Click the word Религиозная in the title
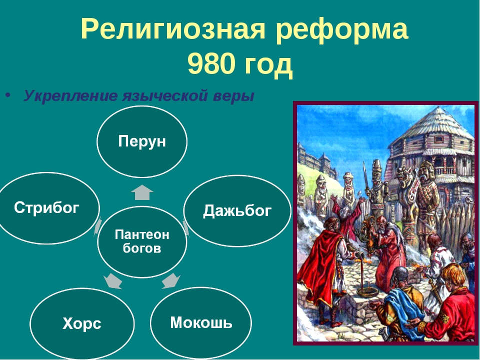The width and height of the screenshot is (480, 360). pyautogui.click(x=173, y=29)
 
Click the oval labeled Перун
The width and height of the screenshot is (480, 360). pyautogui.click(x=141, y=141)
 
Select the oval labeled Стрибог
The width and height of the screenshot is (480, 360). pyautogui.click(x=47, y=208)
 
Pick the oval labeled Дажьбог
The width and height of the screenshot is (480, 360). pyautogui.click(x=237, y=211)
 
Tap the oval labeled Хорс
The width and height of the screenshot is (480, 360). pyautogui.click(x=82, y=323)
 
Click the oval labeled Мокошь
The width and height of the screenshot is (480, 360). pyautogui.click(x=201, y=322)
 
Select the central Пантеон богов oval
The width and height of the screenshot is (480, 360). pyautogui.click(x=141, y=241)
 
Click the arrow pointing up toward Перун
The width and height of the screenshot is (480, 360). pyautogui.click(x=141, y=192)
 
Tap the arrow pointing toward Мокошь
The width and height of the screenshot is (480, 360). pyautogui.click(x=171, y=280)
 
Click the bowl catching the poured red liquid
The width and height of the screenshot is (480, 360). pyautogui.click(x=367, y=290)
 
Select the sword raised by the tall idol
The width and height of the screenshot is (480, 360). pyautogui.click(x=365, y=176)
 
